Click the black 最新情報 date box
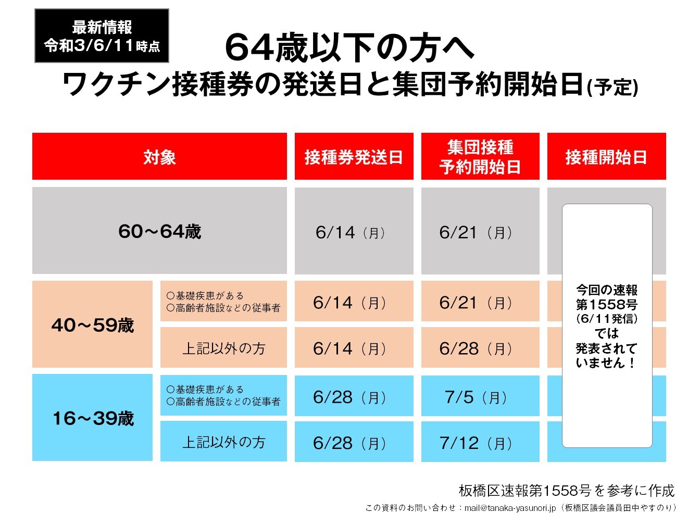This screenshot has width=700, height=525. point(102,36)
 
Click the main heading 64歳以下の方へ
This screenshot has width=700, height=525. point(349,48)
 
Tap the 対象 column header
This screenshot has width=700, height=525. point(159,157)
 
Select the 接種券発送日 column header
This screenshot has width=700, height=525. point(354,157)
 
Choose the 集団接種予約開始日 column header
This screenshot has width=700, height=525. point(480,157)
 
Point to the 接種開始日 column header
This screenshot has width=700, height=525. point(606,157)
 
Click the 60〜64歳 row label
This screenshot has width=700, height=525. point(159,231)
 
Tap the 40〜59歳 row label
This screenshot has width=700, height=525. point(92,325)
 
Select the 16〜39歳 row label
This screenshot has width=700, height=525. point(92,418)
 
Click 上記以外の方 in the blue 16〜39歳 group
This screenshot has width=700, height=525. point(223,442)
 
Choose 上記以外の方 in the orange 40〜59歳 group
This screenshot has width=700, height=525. point(223,348)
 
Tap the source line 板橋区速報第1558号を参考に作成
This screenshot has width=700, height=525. point(566,490)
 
